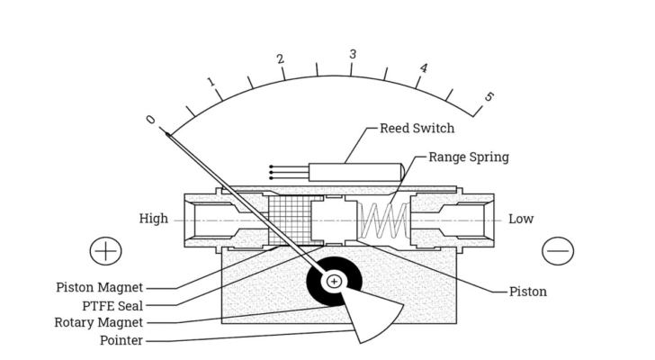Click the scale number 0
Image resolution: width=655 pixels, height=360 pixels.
pos(150,121)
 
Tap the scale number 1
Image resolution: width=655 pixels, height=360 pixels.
pos(211,83)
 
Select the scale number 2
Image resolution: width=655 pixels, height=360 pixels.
pos(281,59)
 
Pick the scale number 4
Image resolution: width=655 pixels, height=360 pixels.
pos(423,68)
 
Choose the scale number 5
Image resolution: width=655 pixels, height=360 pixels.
pos(489,97)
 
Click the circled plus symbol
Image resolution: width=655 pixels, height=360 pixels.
pos(105,250)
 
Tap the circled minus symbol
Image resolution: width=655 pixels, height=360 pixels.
pos(558,250)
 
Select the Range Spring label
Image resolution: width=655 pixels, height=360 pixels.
pos(468,157)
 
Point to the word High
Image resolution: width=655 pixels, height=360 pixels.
pos(153,219)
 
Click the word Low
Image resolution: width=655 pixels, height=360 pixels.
pos(521,219)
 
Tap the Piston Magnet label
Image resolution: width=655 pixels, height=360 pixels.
pos(99,288)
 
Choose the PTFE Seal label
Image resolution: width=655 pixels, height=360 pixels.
pos(112,305)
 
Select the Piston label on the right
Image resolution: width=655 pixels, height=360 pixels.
pos(528,292)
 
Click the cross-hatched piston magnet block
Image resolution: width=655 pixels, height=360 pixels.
pos(289,220)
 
